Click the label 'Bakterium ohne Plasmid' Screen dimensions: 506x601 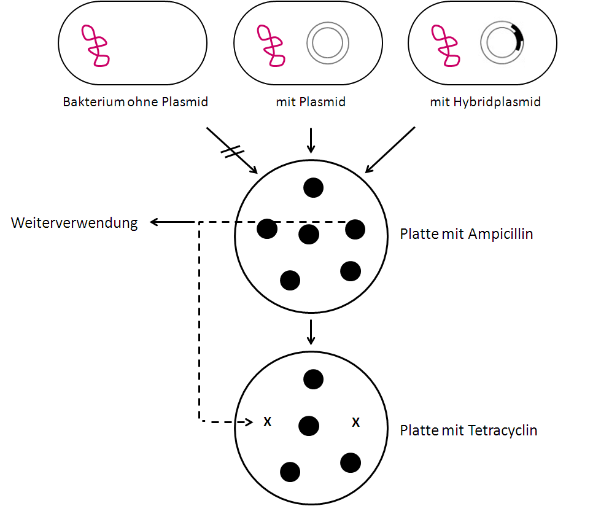pyautogui.click(x=135, y=102)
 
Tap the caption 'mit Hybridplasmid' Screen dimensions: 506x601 pyautogui.click(x=485, y=102)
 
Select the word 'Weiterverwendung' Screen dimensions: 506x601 pyautogui.click(x=74, y=222)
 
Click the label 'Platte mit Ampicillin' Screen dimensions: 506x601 pyautogui.click(x=466, y=234)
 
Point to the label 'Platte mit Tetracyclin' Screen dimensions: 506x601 pyautogui.click(x=468, y=430)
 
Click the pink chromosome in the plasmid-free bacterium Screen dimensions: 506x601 pyautogui.click(x=96, y=46)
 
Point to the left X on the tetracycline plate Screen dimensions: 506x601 pyautogui.click(x=267, y=422)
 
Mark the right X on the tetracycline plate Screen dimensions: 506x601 pyautogui.click(x=355, y=422)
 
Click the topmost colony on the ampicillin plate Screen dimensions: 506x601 pyautogui.click(x=313, y=187)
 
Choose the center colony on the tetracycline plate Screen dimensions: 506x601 pyautogui.click(x=309, y=425)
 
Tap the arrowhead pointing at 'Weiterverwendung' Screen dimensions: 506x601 pyautogui.click(x=155, y=222)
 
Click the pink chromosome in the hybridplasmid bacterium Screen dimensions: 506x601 pyautogui.click(x=445, y=46)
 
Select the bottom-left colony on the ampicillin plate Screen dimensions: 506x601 pyautogui.click(x=290, y=280)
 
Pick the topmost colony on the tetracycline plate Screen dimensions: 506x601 pyautogui.click(x=313, y=379)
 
